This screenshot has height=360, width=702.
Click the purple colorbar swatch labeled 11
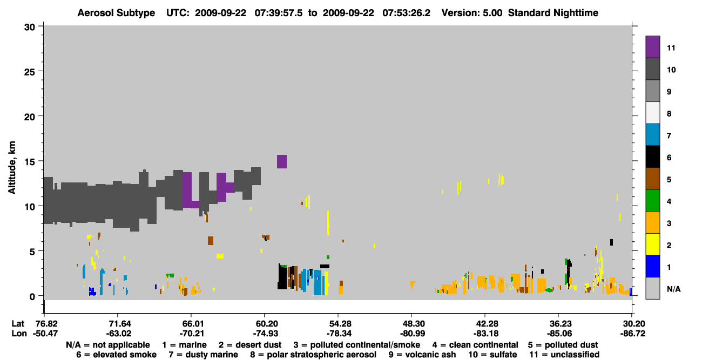coord(652,46)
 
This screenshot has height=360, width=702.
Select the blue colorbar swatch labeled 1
coord(652,266)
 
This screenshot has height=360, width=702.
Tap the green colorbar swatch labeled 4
coord(652,201)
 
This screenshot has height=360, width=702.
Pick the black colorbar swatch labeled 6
coord(652,157)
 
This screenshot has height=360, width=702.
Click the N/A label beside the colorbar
coord(673,289)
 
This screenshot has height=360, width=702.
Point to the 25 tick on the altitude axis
coord(30,72)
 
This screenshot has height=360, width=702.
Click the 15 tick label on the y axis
coord(30,162)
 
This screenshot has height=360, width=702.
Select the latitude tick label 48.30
coord(412,323)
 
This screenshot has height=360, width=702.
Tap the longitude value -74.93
coord(265,334)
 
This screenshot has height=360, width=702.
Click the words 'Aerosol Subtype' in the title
coord(116,13)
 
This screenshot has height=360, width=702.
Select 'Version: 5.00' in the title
coord(471,13)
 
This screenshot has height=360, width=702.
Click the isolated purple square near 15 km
coord(282,161)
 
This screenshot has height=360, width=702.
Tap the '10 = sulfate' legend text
coord(492,355)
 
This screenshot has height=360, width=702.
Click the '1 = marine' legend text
coord(184,345)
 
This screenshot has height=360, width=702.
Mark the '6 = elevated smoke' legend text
coord(116,355)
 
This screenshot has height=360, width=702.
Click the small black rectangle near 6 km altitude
coord(611,242)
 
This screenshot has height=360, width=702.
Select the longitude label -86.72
coord(633,334)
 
